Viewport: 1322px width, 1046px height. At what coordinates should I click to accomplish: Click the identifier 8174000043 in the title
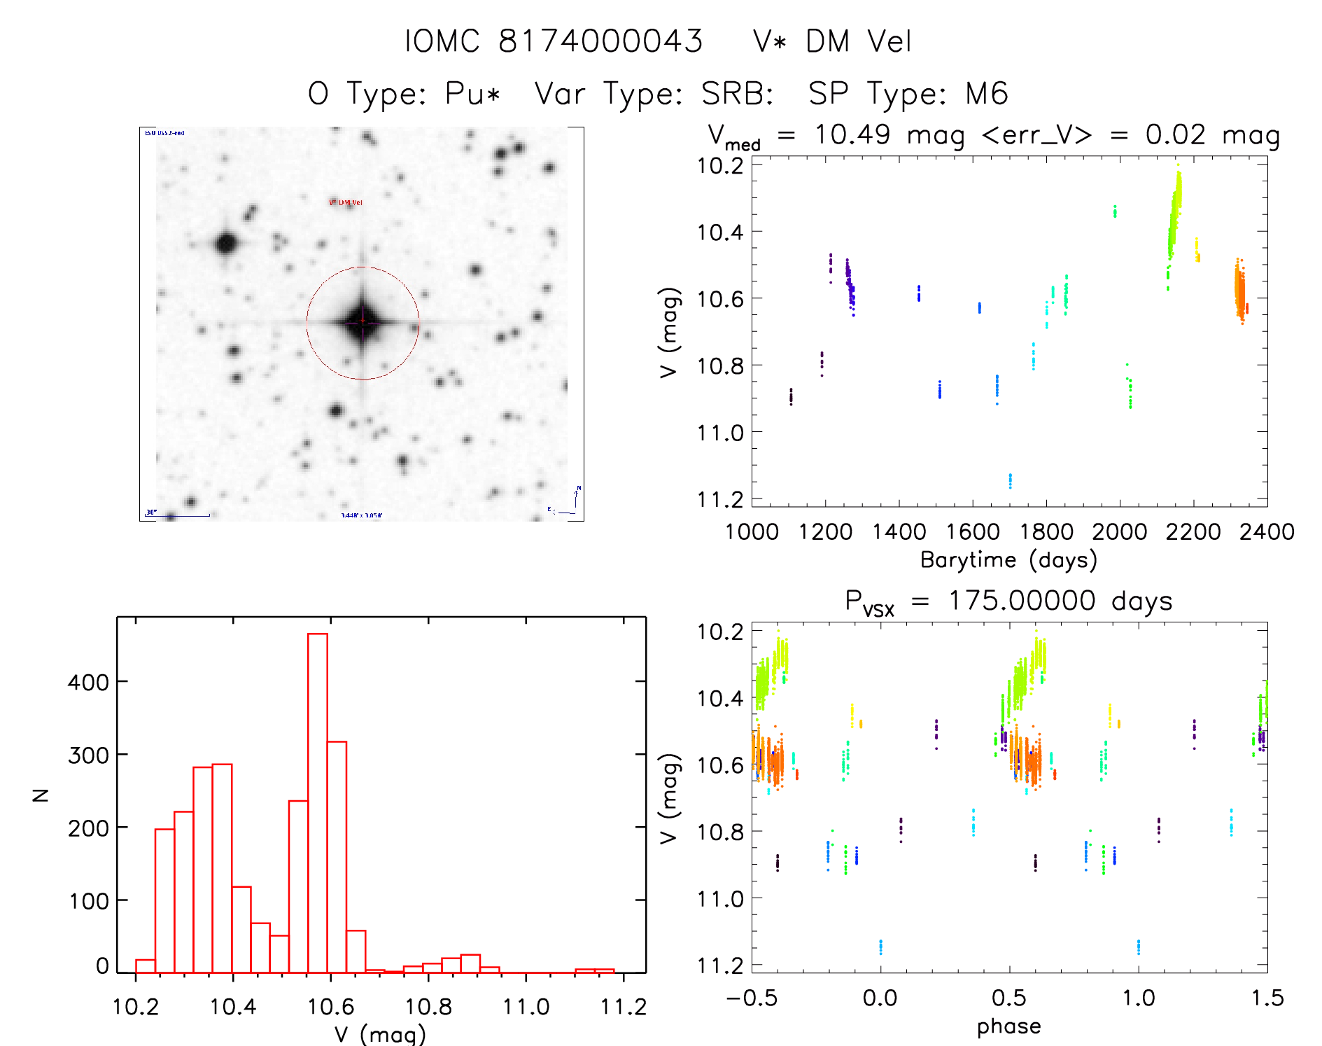(x=600, y=41)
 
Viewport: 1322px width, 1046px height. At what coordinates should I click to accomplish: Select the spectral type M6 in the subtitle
(x=987, y=93)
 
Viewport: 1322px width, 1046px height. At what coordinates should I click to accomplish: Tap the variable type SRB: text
(x=737, y=93)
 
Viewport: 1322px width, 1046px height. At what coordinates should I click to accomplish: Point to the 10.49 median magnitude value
(x=852, y=134)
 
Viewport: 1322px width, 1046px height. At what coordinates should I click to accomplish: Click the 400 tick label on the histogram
(x=88, y=682)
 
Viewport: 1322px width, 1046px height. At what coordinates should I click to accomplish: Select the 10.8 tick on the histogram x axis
(x=429, y=1007)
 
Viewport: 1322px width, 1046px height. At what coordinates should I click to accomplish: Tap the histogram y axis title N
(x=41, y=795)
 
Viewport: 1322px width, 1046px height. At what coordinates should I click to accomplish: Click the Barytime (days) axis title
(x=1008, y=559)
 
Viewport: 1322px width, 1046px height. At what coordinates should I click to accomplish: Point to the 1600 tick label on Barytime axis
(x=973, y=532)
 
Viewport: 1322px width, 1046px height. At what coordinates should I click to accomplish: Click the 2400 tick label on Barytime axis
(x=1267, y=532)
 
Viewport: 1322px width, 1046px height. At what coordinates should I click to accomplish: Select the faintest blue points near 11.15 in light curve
(x=1010, y=480)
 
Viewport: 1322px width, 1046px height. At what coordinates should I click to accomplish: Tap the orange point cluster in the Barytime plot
(x=1239, y=291)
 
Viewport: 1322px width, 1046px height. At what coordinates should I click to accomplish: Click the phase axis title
(x=1008, y=1026)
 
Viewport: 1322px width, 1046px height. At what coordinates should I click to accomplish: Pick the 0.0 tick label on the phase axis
(x=880, y=998)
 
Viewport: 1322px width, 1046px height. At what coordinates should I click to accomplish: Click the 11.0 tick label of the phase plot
(x=720, y=899)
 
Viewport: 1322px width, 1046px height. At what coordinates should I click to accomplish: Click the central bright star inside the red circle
(x=363, y=322)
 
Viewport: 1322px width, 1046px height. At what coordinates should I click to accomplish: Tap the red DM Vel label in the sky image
(x=346, y=203)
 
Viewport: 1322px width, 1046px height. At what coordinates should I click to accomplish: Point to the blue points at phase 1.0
(x=1139, y=947)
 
